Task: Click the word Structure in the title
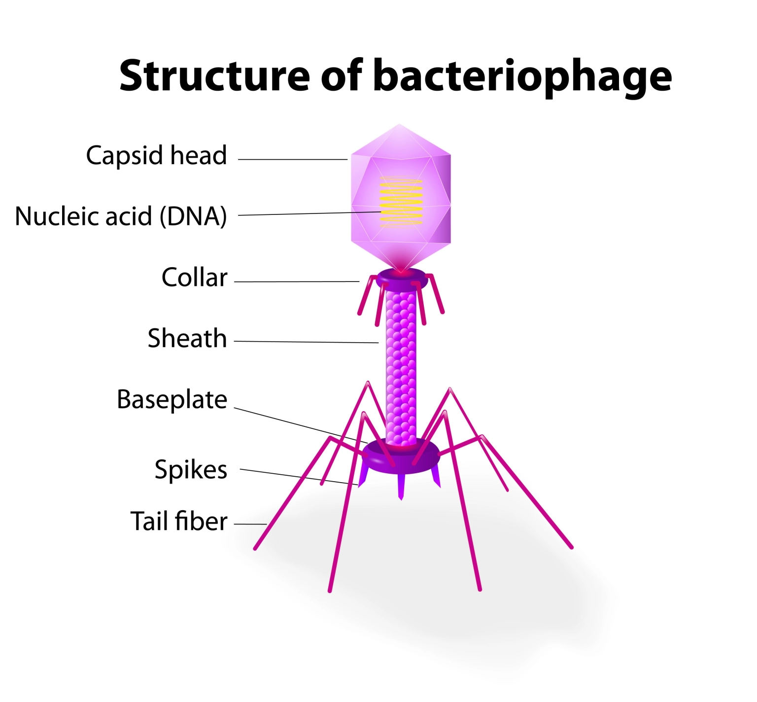point(214,75)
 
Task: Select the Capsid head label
point(156,156)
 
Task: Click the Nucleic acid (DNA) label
point(121,216)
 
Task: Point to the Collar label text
point(194,278)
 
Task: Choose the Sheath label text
point(187,338)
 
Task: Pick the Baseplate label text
point(172,400)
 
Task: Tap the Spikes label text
point(191,470)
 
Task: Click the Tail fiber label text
point(179,521)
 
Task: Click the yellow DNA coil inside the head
point(401,202)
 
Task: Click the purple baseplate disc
point(400,456)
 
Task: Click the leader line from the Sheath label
point(306,342)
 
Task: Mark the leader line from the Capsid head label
point(293,160)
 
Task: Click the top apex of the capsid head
point(400,124)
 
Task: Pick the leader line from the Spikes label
point(299,477)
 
